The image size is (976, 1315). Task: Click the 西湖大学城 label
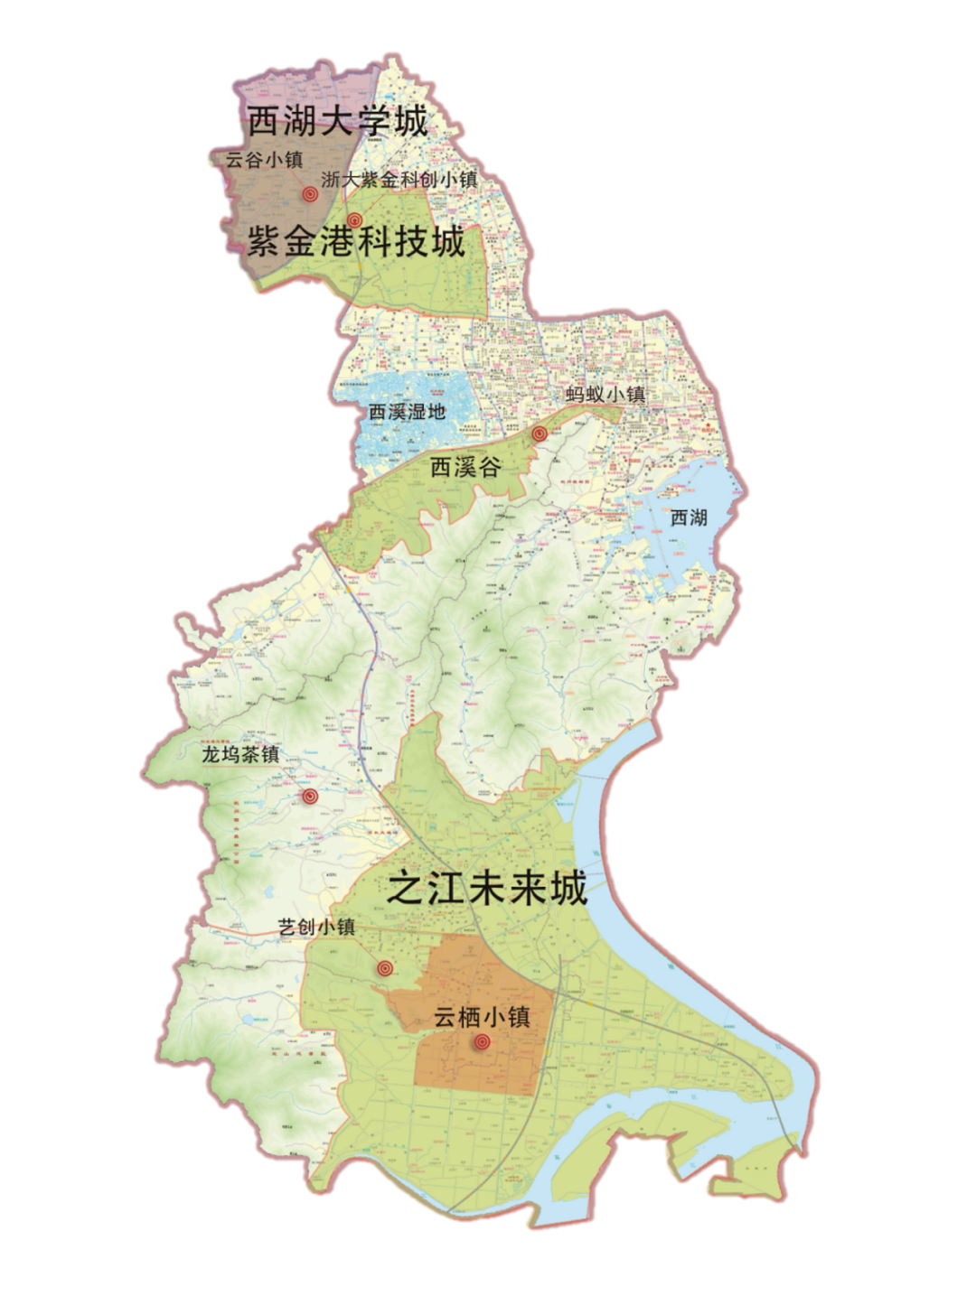[x=337, y=121]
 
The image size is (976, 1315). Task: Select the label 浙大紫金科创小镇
[x=399, y=179]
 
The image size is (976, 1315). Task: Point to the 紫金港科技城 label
[x=356, y=242]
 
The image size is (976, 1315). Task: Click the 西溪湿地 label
[x=408, y=413]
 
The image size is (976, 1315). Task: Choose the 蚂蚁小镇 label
[x=605, y=395]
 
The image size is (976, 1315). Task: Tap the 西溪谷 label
[x=465, y=467]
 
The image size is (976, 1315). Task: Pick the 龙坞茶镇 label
[x=240, y=755]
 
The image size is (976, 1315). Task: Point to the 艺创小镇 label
[x=316, y=928]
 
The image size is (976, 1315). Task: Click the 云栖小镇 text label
[x=482, y=1017]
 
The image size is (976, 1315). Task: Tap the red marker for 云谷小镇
[x=310, y=194]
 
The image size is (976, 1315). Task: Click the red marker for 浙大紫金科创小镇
[x=355, y=219]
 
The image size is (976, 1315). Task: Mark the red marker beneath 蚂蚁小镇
[x=540, y=434]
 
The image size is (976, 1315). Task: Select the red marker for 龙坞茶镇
[x=310, y=797]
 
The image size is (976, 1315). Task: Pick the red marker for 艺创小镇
[x=386, y=968]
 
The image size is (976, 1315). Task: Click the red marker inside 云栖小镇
[x=482, y=1042]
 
